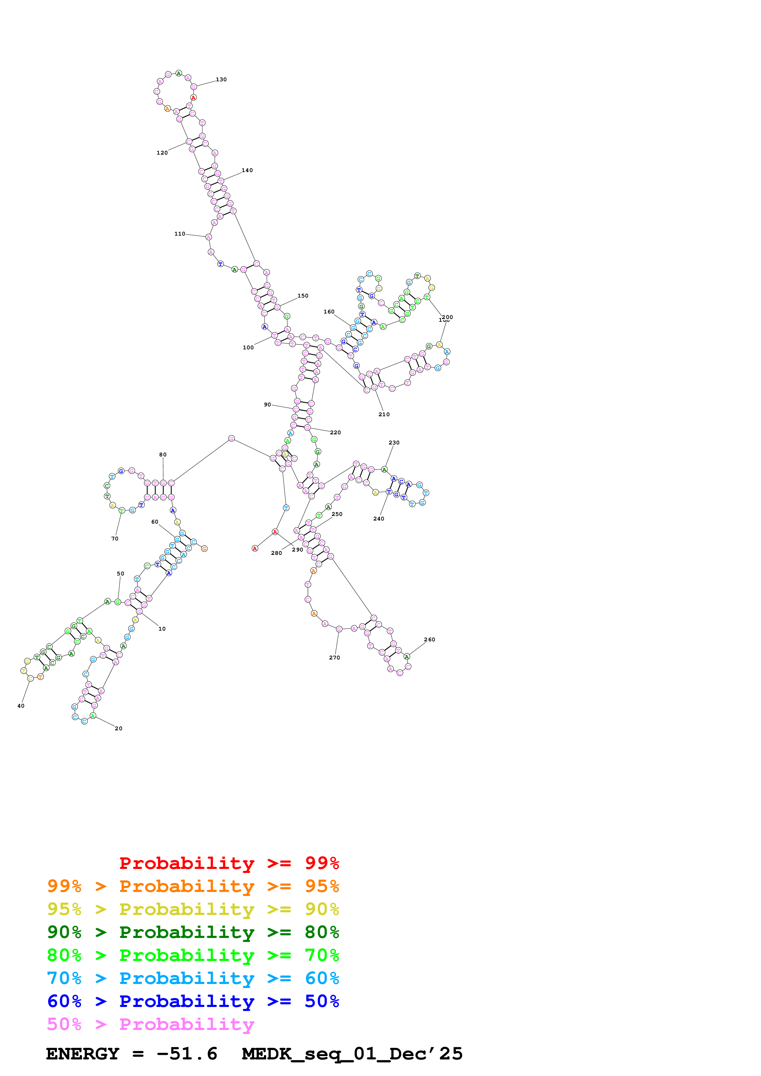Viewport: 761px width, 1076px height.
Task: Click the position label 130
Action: (x=221, y=80)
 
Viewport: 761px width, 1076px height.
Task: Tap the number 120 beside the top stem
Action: (x=162, y=153)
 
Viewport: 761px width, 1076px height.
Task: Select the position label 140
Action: (x=247, y=171)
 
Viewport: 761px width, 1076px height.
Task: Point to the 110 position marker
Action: (x=180, y=234)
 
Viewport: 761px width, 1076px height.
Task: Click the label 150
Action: (x=303, y=296)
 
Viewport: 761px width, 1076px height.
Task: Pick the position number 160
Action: (x=329, y=312)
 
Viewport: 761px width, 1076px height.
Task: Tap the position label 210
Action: (x=384, y=414)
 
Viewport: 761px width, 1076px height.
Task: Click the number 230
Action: (x=394, y=442)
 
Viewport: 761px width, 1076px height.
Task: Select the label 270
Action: (x=334, y=658)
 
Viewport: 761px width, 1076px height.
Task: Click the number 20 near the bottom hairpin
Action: (x=118, y=728)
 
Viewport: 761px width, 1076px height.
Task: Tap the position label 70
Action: (x=115, y=539)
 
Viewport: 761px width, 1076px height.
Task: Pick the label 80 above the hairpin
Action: (x=163, y=455)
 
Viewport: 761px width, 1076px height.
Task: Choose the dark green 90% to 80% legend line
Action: (x=193, y=932)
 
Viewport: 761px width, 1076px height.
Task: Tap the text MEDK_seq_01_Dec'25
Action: (x=352, y=1054)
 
